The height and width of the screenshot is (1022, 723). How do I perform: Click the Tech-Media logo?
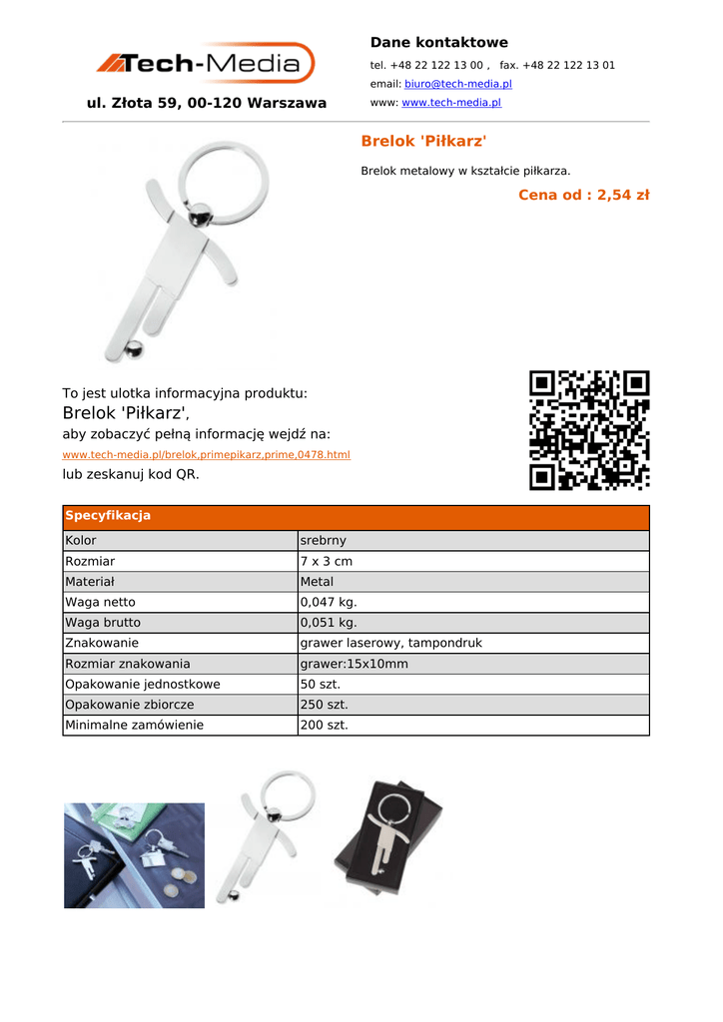tap(206, 63)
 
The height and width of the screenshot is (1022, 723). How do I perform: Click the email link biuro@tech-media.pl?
tap(457, 84)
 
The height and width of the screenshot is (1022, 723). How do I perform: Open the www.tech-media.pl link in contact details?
tap(450, 103)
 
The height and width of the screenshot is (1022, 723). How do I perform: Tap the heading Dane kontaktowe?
tap(438, 42)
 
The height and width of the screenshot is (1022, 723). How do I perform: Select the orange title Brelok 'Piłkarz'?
tap(423, 142)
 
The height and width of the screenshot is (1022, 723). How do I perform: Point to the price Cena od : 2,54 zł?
tap(583, 195)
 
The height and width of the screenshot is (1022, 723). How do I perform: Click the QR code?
tap(589, 430)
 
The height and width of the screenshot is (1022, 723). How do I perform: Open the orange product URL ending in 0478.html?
tap(206, 455)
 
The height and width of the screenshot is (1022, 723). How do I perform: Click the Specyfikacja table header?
tap(108, 516)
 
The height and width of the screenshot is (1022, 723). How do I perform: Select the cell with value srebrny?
tap(324, 541)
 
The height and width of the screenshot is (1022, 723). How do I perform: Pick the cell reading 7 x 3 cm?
tap(326, 562)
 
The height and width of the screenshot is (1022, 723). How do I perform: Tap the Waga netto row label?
tap(100, 603)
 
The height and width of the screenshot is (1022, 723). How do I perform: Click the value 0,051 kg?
tap(329, 623)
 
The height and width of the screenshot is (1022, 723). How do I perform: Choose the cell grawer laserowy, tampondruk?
tap(390, 644)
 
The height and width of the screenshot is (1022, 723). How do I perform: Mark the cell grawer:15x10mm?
tap(354, 664)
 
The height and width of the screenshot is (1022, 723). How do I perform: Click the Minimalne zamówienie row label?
tap(134, 726)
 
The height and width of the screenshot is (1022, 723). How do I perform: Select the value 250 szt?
tap(324, 705)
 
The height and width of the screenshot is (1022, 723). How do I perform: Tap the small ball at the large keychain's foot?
tap(134, 348)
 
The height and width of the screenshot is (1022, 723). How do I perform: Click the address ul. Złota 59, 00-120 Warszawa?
tap(207, 103)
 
